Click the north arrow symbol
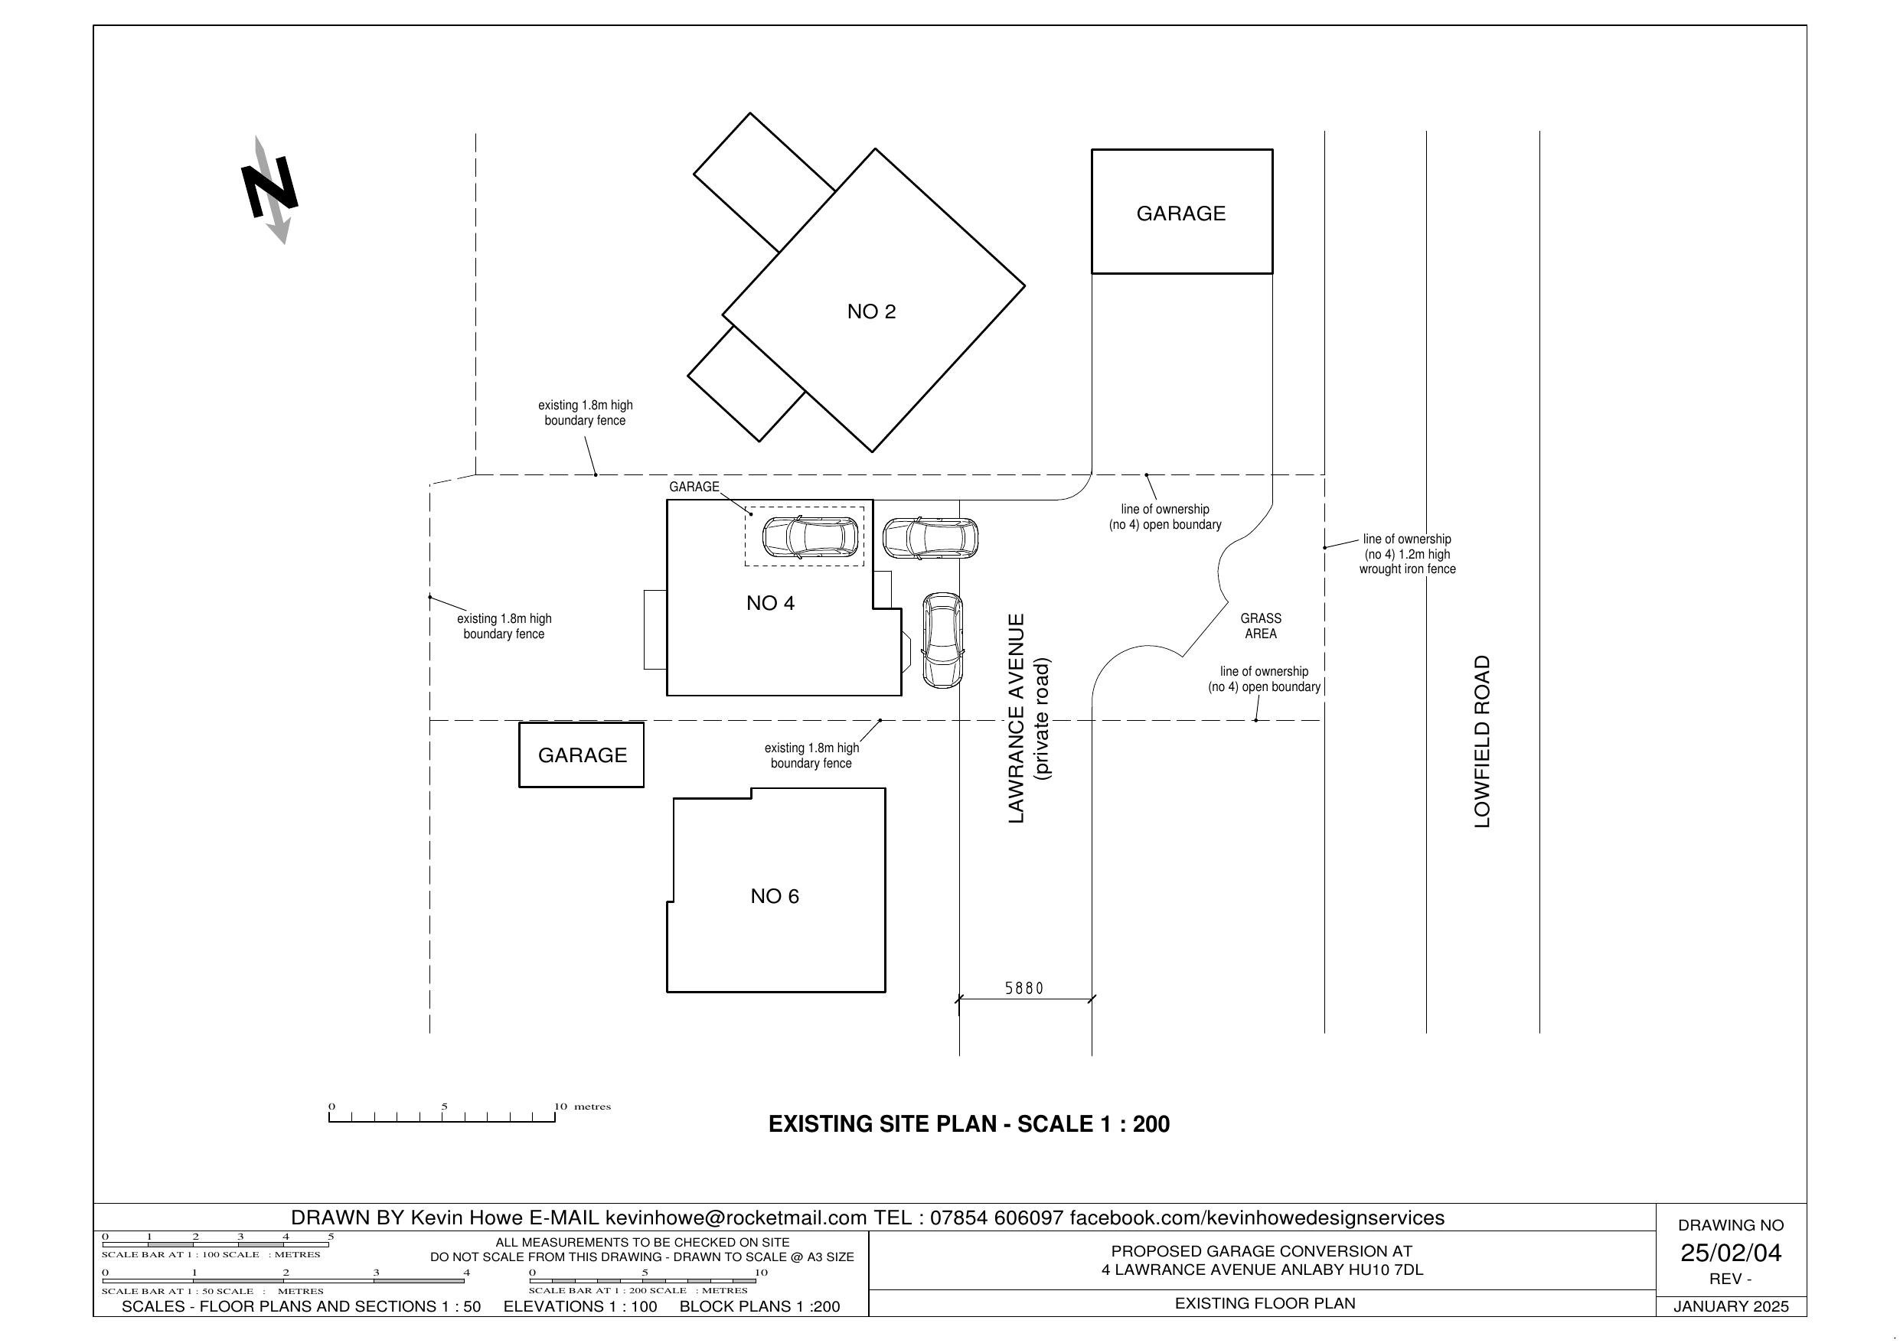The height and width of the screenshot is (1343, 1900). (269, 191)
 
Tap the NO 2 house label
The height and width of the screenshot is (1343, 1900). (871, 312)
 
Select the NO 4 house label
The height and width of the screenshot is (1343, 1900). (770, 603)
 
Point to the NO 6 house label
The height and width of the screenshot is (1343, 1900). (775, 896)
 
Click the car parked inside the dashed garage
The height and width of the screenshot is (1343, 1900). (810, 536)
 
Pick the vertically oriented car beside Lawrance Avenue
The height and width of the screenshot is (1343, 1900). (942, 640)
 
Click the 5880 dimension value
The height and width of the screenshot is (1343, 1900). (1024, 988)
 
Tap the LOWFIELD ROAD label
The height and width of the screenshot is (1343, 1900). (1482, 742)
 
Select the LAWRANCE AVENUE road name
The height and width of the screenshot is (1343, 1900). (1017, 719)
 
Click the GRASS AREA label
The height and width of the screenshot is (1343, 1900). (1260, 627)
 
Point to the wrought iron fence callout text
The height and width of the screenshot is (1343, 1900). (1407, 554)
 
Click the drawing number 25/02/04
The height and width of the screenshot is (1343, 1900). (1730, 1253)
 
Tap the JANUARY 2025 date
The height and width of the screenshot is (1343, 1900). (1730, 1306)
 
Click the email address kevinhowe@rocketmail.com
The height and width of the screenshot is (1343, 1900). (736, 1218)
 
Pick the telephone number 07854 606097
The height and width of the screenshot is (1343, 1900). (997, 1218)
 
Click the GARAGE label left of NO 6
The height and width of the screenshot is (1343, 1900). (583, 755)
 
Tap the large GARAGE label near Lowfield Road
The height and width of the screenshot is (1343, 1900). (1181, 214)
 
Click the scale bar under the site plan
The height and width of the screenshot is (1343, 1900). (442, 1116)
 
